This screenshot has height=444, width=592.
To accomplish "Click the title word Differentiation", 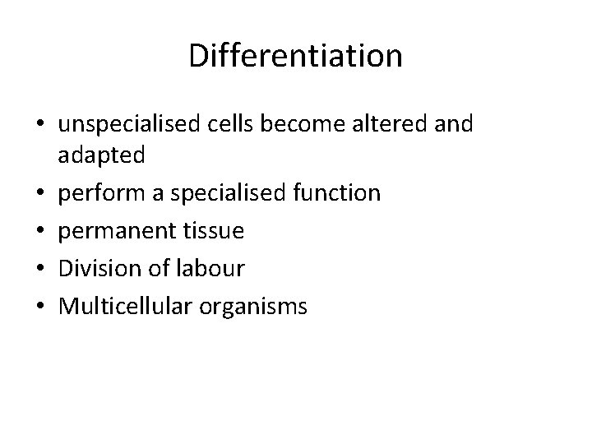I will coord(295,56).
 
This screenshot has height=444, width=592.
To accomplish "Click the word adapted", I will coord(101,155).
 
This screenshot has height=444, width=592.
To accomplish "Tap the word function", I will coord(339,193).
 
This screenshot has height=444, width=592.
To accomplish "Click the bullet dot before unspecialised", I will coord(41,125).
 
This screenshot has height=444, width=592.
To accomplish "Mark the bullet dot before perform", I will coord(41,195).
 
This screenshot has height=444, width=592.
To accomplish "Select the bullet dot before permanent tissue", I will coord(41,233).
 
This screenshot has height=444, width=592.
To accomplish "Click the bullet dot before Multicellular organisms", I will coord(41,308).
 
